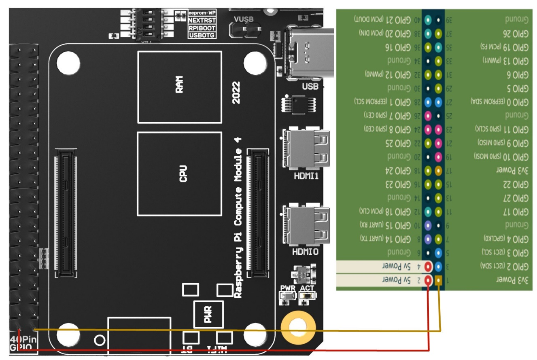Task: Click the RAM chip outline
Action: [180, 87]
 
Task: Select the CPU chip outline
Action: [180, 174]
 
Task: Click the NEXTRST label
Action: [202, 20]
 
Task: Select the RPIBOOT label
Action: [202, 28]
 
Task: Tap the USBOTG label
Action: [202, 36]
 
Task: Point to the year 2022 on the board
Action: [236, 93]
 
